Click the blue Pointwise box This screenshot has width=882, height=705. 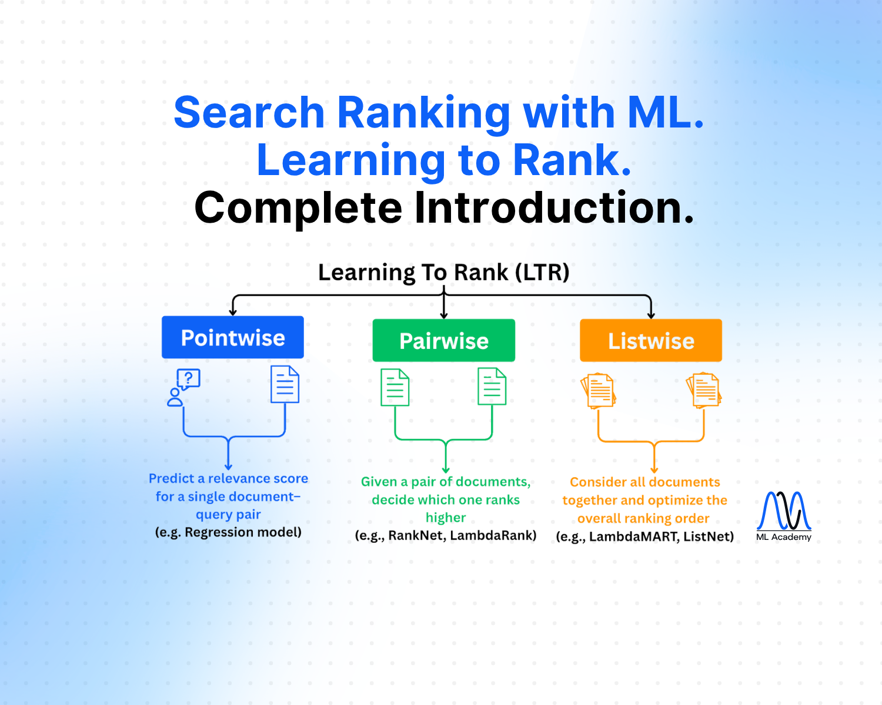(232, 337)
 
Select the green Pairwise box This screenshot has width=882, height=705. (443, 340)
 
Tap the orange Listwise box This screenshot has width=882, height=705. (650, 340)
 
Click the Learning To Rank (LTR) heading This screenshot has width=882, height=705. (443, 273)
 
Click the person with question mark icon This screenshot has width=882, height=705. (183, 387)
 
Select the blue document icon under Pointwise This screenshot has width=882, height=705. (285, 384)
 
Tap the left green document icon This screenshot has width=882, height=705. (395, 387)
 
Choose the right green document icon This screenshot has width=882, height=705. (492, 386)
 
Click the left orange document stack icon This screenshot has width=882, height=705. (598, 391)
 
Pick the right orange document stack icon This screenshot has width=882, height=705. (704, 390)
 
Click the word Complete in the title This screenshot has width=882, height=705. (298, 208)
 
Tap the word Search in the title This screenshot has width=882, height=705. (249, 112)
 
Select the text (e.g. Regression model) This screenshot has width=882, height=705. (228, 532)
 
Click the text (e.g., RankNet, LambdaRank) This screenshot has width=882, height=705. (446, 535)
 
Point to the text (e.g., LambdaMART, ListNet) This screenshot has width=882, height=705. (644, 536)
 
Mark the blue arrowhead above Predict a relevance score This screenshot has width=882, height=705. (228, 466)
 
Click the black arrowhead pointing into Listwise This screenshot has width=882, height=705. (650, 315)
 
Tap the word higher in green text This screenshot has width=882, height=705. (446, 518)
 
